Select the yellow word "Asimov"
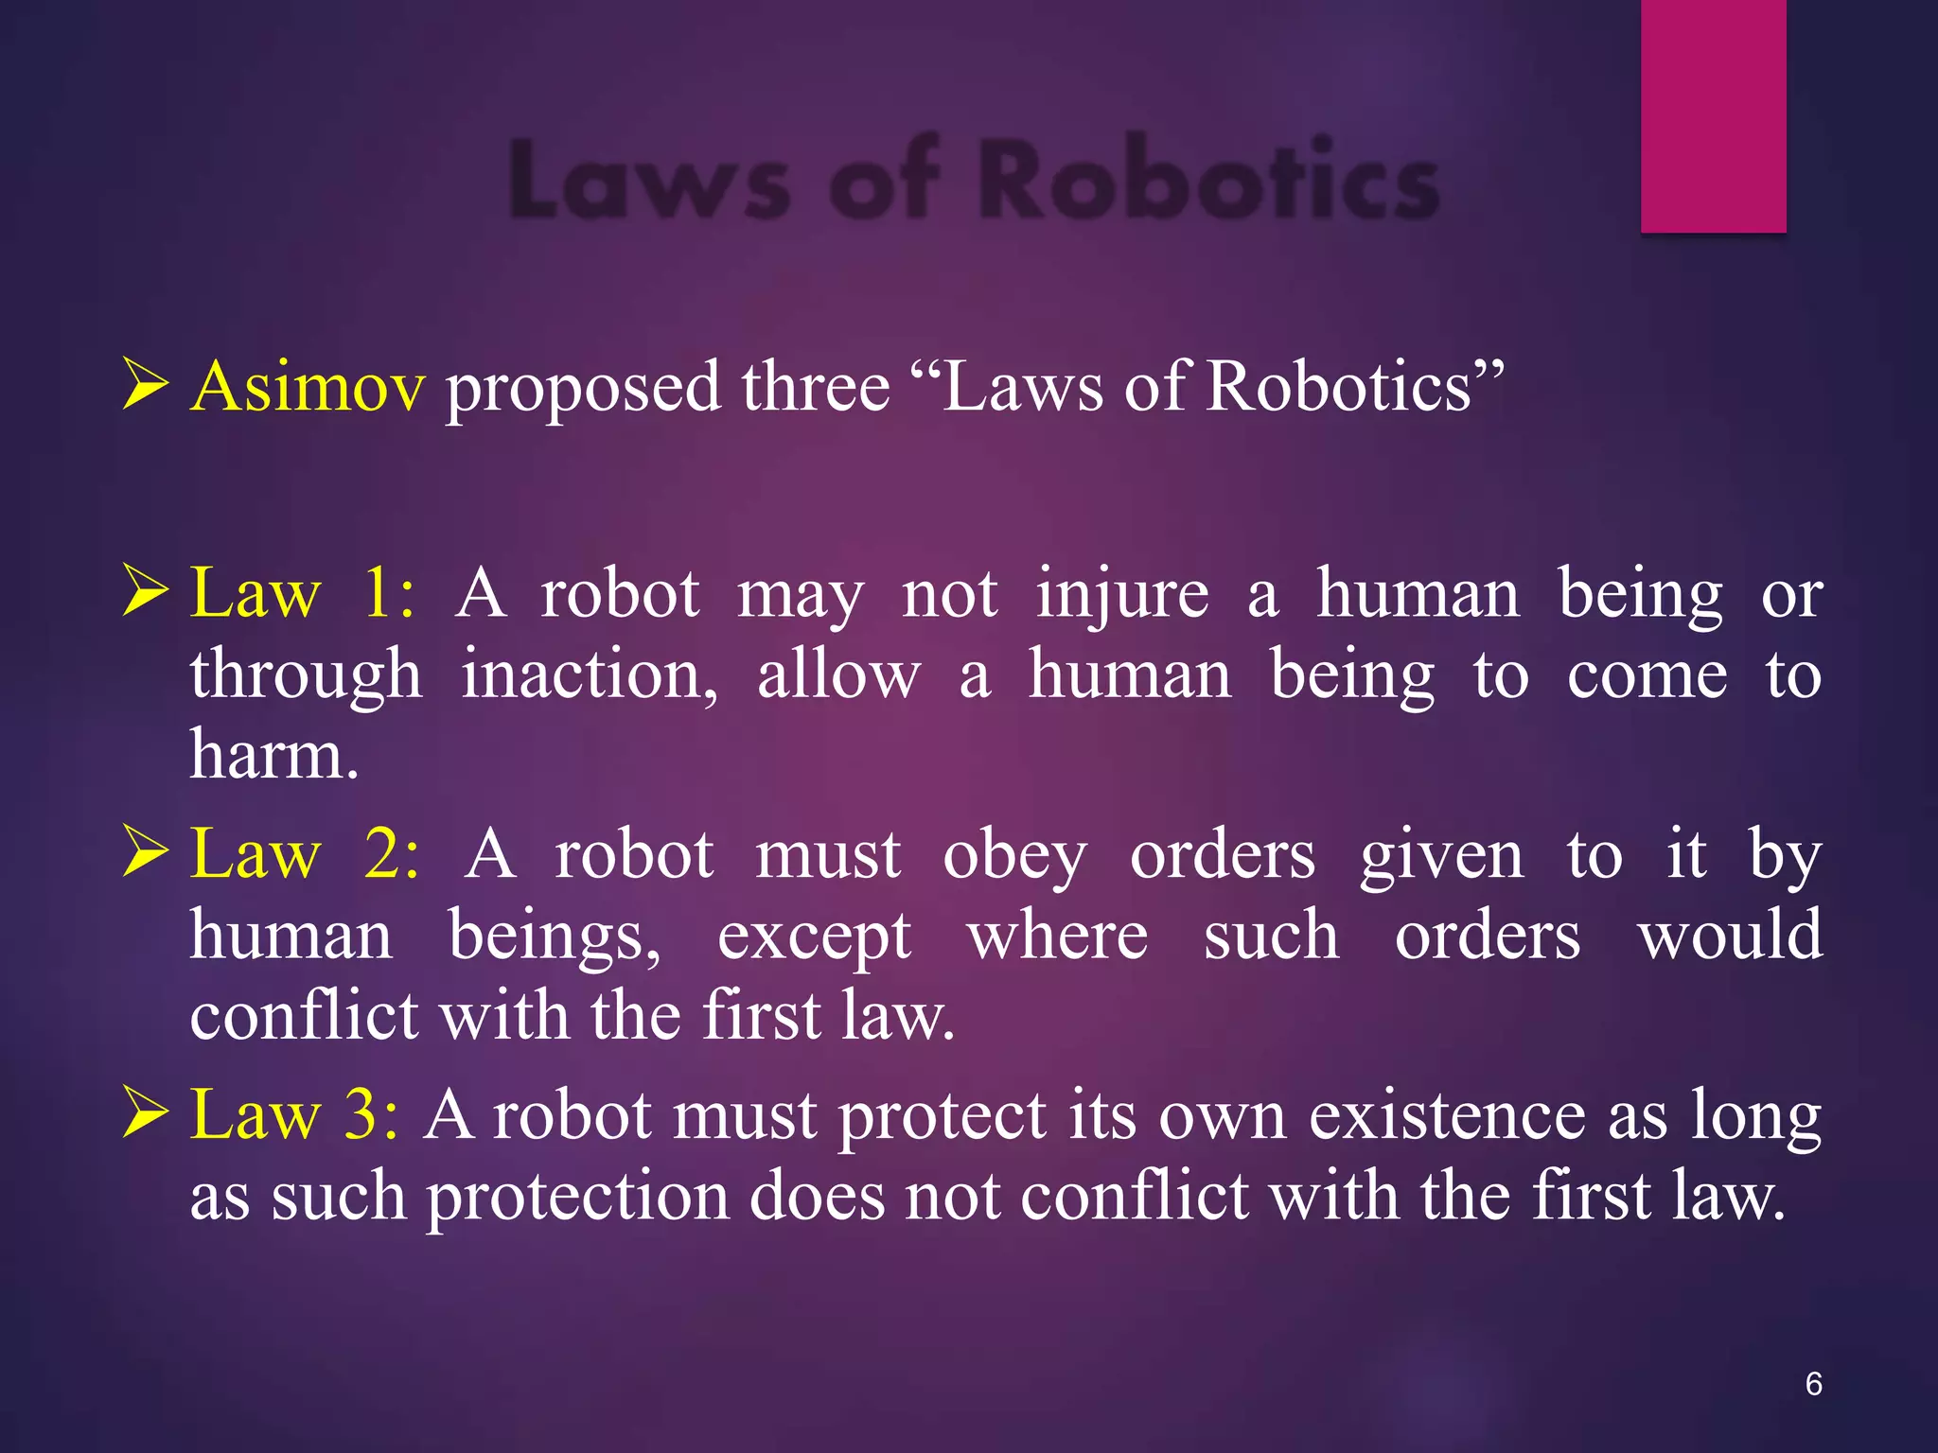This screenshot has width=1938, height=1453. tap(308, 387)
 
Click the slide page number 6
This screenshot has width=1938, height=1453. tap(1813, 1384)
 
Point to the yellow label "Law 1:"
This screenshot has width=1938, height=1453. tap(302, 595)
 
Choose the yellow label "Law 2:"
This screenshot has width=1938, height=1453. tap(304, 855)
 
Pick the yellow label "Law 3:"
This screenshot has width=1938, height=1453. tap(294, 1115)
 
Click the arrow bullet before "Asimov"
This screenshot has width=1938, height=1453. tap(146, 387)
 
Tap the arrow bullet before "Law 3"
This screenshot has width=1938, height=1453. tap(146, 1113)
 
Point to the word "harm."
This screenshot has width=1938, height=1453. tap(274, 757)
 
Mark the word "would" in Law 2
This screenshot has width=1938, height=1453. tap(1730, 937)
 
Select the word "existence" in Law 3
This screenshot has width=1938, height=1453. tap(1446, 1116)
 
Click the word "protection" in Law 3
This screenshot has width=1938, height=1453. tap(577, 1198)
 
